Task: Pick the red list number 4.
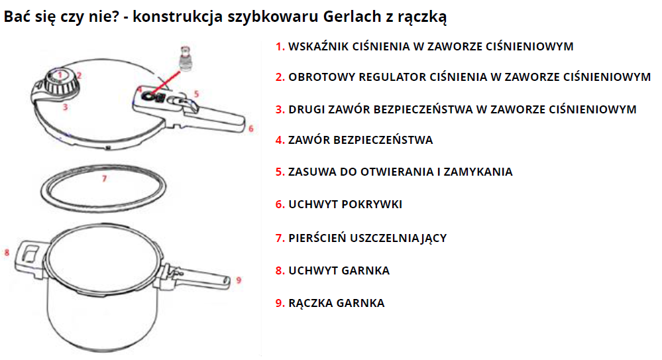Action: tap(280, 141)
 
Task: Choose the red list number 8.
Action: tap(280, 271)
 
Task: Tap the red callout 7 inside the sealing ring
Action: tap(104, 179)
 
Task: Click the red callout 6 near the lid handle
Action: tap(250, 129)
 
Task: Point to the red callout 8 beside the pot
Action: tap(7, 253)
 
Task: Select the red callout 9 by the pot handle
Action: tap(239, 280)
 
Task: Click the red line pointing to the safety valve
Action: tap(165, 84)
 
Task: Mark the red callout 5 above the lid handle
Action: tap(196, 93)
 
